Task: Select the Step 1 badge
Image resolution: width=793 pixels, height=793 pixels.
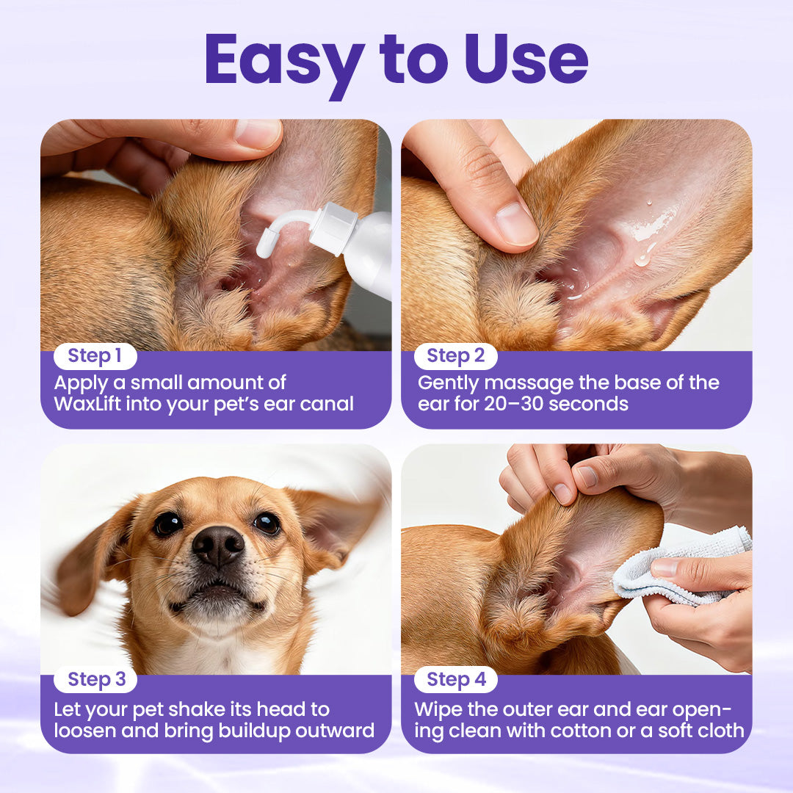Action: (x=95, y=356)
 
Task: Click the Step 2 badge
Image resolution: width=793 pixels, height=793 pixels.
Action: (x=455, y=356)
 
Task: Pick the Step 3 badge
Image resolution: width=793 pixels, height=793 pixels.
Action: (x=96, y=680)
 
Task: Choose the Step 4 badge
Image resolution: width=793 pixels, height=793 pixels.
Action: (x=456, y=680)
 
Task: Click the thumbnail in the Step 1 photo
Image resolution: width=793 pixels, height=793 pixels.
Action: (x=257, y=134)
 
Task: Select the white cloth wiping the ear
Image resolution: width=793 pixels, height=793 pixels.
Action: (x=661, y=573)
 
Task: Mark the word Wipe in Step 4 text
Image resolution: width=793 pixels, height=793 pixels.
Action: (x=438, y=709)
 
